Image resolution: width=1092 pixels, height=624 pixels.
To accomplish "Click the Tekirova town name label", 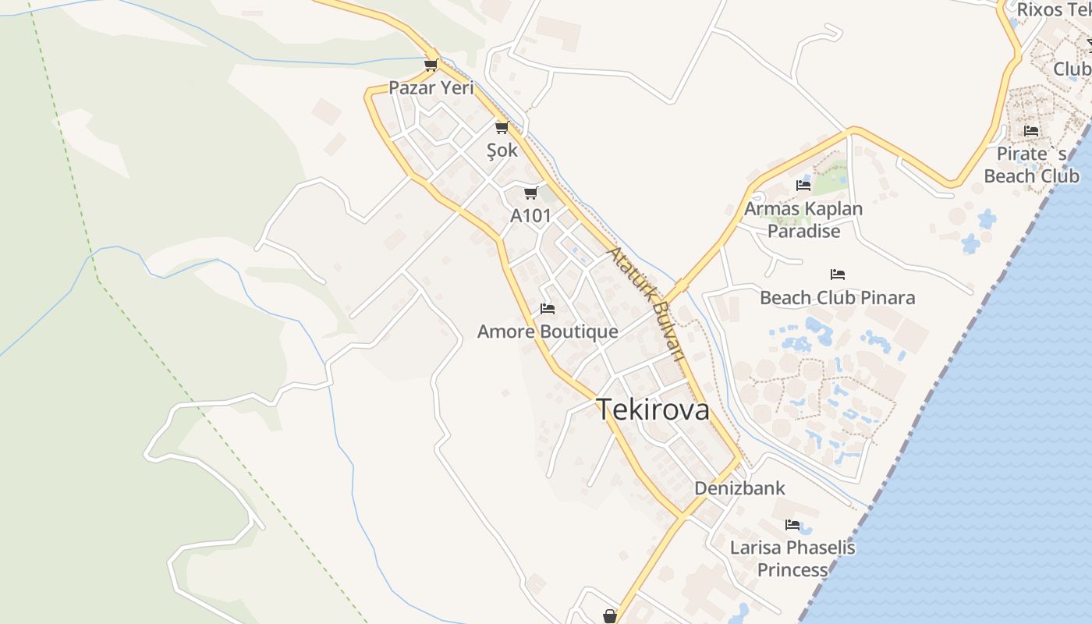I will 653,409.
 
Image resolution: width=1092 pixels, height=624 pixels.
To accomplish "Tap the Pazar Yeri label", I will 431,87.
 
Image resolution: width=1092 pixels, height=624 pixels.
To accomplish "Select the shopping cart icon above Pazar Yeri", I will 431,65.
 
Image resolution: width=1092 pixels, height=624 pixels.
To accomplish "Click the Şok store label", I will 502,150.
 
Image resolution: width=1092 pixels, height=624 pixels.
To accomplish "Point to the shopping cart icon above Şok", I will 502,127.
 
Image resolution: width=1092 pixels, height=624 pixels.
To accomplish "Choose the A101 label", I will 530,216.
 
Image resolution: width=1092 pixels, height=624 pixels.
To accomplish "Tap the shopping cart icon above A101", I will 531,193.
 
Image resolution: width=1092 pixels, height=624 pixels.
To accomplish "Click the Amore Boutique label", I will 548,331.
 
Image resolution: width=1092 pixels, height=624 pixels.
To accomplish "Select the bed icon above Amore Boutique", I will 548,309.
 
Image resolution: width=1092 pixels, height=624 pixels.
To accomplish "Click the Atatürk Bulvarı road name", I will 647,304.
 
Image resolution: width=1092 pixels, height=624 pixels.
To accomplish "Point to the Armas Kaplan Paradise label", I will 803,220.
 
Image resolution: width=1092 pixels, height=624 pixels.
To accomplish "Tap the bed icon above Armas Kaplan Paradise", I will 803,186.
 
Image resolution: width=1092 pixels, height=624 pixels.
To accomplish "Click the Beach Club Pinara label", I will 838,297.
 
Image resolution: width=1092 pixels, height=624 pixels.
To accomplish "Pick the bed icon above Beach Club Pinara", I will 838,275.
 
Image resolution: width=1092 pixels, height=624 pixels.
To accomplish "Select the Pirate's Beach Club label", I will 1031,165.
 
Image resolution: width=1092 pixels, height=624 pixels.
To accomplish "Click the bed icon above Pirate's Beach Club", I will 1031,131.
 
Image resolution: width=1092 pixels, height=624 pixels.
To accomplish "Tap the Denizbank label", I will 740,488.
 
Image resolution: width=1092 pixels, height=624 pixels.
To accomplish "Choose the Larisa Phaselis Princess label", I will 792,558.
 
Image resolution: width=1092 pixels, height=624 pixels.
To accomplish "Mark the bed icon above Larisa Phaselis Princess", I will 792,525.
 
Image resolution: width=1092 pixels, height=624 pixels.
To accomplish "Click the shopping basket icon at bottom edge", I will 610,616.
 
